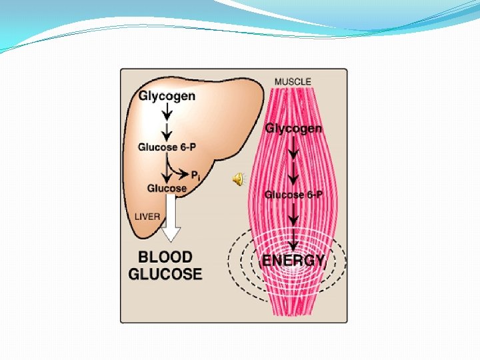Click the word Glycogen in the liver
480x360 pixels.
pos(167,95)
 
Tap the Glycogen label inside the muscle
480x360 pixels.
pos(293,128)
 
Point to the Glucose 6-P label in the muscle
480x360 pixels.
pos(293,195)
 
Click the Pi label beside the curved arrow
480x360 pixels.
pos(196,175)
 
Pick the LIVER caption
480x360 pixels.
pos(147,217)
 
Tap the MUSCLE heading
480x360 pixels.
pos(293,81)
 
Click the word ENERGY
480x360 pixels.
pos(293,260)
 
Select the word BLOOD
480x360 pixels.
pos(165,257)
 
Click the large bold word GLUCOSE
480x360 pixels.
pos(165,274)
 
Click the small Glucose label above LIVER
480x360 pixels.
pos(167,188)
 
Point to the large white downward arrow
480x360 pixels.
pos(171,223)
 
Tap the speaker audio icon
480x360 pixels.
pos(238,177)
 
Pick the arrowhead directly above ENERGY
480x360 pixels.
pos(293,245)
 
